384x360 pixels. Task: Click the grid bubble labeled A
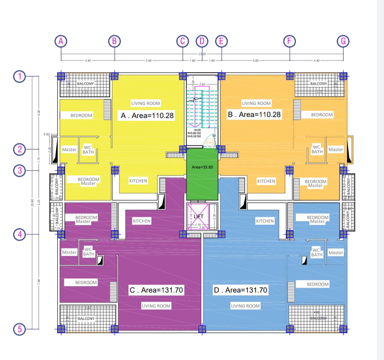coord(61,41)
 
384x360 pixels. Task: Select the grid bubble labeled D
coord(202,41)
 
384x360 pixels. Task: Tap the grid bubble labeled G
coord(343,41)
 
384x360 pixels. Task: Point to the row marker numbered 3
coord(20,171)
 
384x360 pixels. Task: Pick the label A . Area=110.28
coord(146,115)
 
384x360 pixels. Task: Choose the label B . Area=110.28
coord(254,115)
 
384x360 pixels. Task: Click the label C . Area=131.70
coord(156,290)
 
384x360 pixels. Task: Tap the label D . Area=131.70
coord(240,290)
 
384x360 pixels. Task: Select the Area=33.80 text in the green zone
coord(202,166)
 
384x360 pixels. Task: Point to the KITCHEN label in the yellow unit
coord(138,181)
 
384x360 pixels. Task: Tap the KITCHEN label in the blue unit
coord(265,221)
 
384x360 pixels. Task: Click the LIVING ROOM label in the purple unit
coord(156,306)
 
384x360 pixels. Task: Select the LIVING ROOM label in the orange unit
coord(256,103)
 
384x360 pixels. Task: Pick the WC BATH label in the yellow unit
coord(88,150)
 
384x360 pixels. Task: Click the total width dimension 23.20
coord(202,54)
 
